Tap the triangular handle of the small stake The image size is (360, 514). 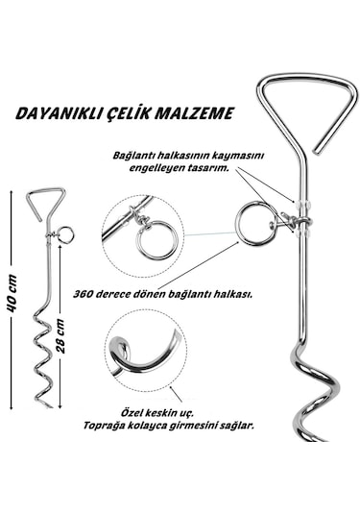tap(45, 203)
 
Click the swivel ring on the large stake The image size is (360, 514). tap(255, 223)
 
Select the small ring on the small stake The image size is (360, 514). tap(65, 233)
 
